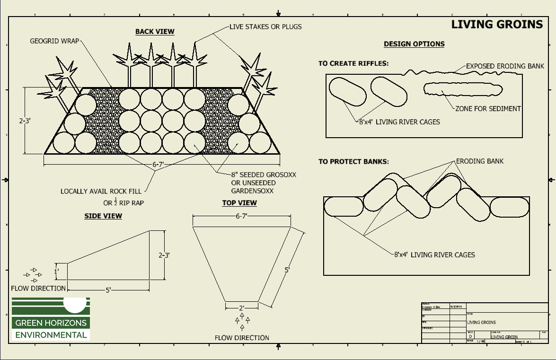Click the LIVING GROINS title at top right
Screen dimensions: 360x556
pyautogui.click(x=497, y=25)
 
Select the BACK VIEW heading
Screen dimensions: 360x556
pyautogui.click(x=155, y=32)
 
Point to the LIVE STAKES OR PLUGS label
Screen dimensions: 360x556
pyautogui.click(x=265, y=26)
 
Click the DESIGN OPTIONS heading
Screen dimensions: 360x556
pyautogui.click(x=414, y=44)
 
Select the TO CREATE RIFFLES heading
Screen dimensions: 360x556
pyautogui.click(x=353, y=63)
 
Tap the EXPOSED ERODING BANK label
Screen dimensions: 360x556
pyautogui.click(x=505, y=66)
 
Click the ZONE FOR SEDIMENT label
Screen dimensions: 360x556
pyautogui.click(x=488, y=108)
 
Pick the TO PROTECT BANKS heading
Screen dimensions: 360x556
pyautogui.click(x=353, y=162)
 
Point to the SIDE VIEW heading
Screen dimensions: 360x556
pyautogui.click(x=103, y=216)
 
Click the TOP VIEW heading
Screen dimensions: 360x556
pyautogui.click(x=239, y=203)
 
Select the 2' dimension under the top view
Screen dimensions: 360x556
pyautogui.click(x=241, y=308)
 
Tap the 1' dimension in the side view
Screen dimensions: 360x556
pyautogui.click(x=56, y=272)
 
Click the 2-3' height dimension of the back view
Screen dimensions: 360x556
pyautogui.click(x=25, y=121)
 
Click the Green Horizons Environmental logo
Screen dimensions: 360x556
pyautogui.click(x=50, y=318)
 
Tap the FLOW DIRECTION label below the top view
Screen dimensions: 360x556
pyautogui.click(x=242, y=338)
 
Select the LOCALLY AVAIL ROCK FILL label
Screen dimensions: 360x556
pyautogui.click(x=101, y=192)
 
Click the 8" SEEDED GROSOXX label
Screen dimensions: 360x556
pyautogui.click(x=264, y=175)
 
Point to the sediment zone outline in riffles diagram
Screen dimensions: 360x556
pyautogui.click(x=462, y=88)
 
